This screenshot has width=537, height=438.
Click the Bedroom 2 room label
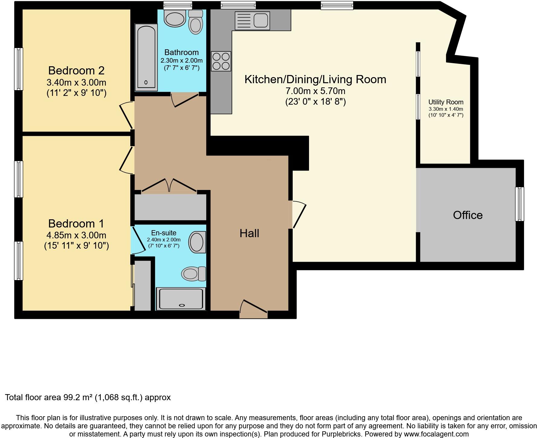(76, 70)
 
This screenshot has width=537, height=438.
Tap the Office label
(467, 215)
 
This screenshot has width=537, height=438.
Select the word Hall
(249, 233)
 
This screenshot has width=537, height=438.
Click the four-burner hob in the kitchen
(221, 61)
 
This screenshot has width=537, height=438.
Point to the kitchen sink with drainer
(252, 21)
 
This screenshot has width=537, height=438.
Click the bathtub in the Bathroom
(146, 58)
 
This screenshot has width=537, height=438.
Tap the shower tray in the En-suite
(181, 299)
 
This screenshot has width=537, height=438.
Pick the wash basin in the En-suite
(197, 242)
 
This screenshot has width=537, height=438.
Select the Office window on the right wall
(519, 204)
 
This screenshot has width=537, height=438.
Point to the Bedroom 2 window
(19, 69)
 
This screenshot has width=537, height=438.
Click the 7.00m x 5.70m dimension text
(315, 91)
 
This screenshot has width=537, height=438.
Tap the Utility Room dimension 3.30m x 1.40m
(446, 109)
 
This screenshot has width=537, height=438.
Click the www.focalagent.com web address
(434, 434)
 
